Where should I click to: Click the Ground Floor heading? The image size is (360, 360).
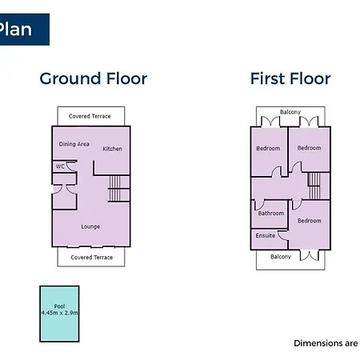94,78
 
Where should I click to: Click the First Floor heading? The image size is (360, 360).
290,78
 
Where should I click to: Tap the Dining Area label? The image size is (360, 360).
74,144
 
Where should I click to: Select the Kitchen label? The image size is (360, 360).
112,149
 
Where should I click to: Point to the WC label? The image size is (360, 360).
60,166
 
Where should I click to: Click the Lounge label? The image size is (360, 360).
90,226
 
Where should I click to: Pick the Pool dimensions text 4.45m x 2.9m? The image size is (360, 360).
59,313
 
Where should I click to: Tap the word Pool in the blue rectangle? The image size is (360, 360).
59,306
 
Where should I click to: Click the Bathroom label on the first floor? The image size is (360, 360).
271,213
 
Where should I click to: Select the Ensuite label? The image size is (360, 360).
265,235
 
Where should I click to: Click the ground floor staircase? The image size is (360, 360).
114,189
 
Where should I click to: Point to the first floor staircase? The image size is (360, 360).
314,186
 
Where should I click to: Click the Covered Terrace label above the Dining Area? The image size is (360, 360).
90,116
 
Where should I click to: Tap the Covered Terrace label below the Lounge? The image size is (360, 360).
92,258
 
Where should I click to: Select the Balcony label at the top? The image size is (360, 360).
290,112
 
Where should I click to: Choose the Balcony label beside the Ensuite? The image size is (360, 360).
281,257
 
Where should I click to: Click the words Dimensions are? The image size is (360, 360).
326,343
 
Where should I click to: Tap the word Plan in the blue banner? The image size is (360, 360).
15,29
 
